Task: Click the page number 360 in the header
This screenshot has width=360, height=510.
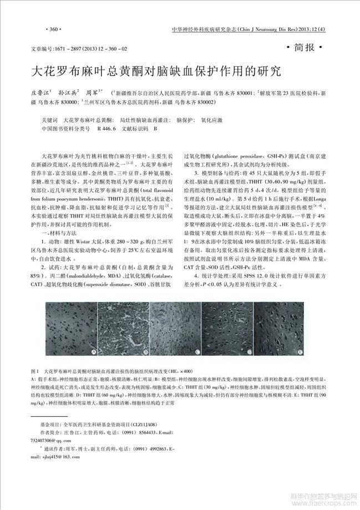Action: (54, 28)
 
